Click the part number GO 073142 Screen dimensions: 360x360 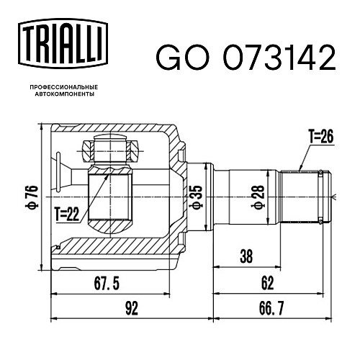pyautogui.click(x=246, y=58)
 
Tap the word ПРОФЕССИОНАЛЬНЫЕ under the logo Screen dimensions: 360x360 pyautogui.click(x=64, y=87)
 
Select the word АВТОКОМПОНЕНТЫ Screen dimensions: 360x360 pyautogui.click(x=64, y=94)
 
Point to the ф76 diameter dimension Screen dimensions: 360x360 pyautogui.click(x=33, y=197)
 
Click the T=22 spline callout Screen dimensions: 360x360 pyautogui.click(x=67, y=214)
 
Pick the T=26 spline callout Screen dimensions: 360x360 pyautogui.click(x=321, y=137)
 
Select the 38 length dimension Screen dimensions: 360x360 pyautogui.click(x=246, y=256)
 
